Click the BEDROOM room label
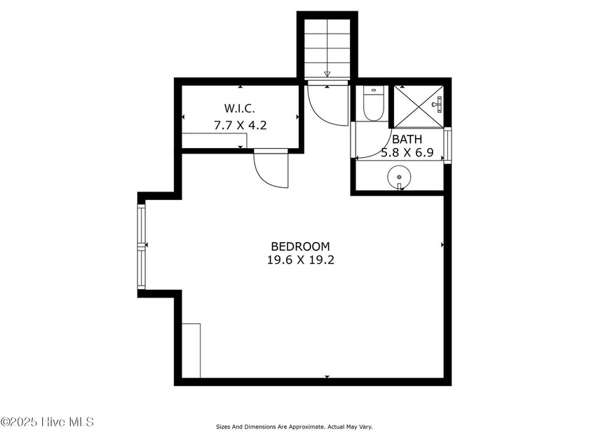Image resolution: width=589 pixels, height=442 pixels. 300,246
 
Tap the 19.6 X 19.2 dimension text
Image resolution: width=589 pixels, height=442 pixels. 301,260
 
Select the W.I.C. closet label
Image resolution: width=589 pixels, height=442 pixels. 240,109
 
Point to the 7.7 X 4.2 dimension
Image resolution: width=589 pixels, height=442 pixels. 241,125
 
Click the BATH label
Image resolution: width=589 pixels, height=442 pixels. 407,140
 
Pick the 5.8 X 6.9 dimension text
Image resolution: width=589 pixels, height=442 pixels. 407,153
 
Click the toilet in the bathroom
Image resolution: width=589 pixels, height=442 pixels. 373,103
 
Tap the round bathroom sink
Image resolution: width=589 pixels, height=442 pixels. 399,177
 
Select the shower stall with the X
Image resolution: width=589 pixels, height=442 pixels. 419,107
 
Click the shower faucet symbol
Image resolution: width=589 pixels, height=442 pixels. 438,104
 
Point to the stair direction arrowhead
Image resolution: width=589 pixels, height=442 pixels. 327,74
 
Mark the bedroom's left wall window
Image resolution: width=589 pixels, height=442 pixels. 141,246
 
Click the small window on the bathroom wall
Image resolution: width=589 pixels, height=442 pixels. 447,145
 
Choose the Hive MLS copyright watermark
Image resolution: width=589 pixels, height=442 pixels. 47,422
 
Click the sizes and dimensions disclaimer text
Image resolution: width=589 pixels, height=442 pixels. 294,427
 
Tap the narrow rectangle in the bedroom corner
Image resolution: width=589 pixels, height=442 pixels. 191,351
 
